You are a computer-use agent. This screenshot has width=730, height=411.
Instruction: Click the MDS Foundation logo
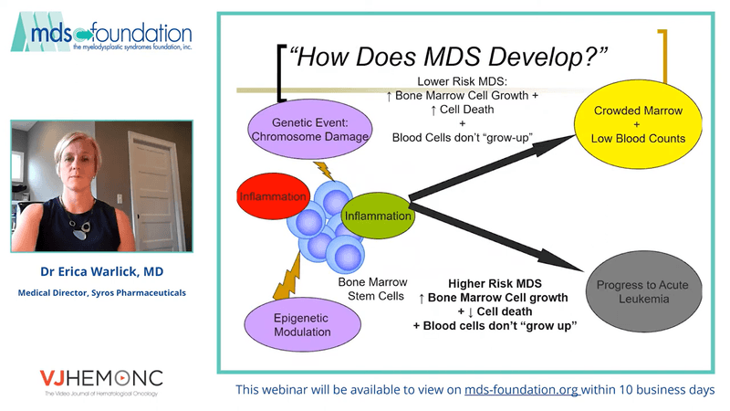(x=102, y=33)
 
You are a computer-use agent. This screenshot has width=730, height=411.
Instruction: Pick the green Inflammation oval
(x=378, y=216)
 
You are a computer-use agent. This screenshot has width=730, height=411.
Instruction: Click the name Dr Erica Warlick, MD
(x=101, y=271)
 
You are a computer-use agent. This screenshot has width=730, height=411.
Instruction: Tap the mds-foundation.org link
(x=522, y=390)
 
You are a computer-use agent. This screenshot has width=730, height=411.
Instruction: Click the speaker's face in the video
(x=74, y=154)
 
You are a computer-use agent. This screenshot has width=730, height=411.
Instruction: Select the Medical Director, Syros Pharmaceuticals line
(x=101, y=293)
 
